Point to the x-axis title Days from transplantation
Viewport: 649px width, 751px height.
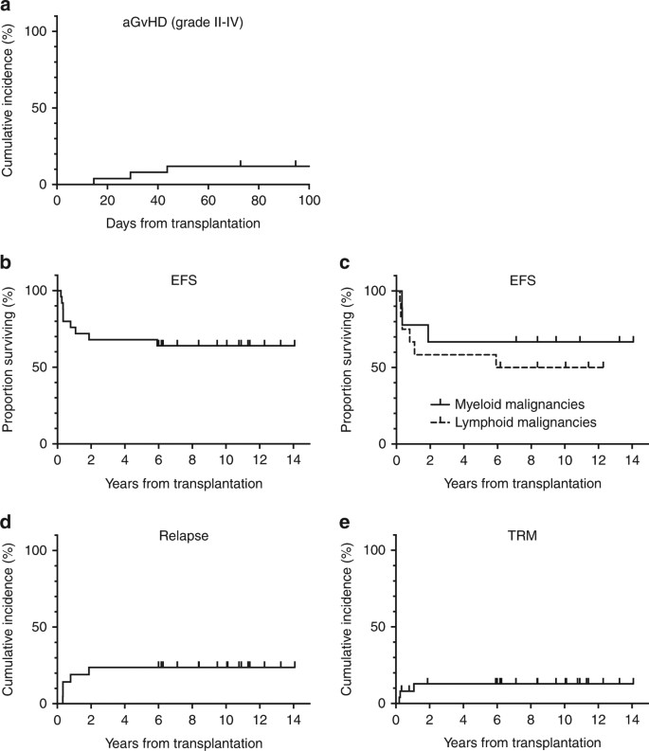click(x=183, y=224)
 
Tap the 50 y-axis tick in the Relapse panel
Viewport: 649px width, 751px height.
click(x=42, y=627)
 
